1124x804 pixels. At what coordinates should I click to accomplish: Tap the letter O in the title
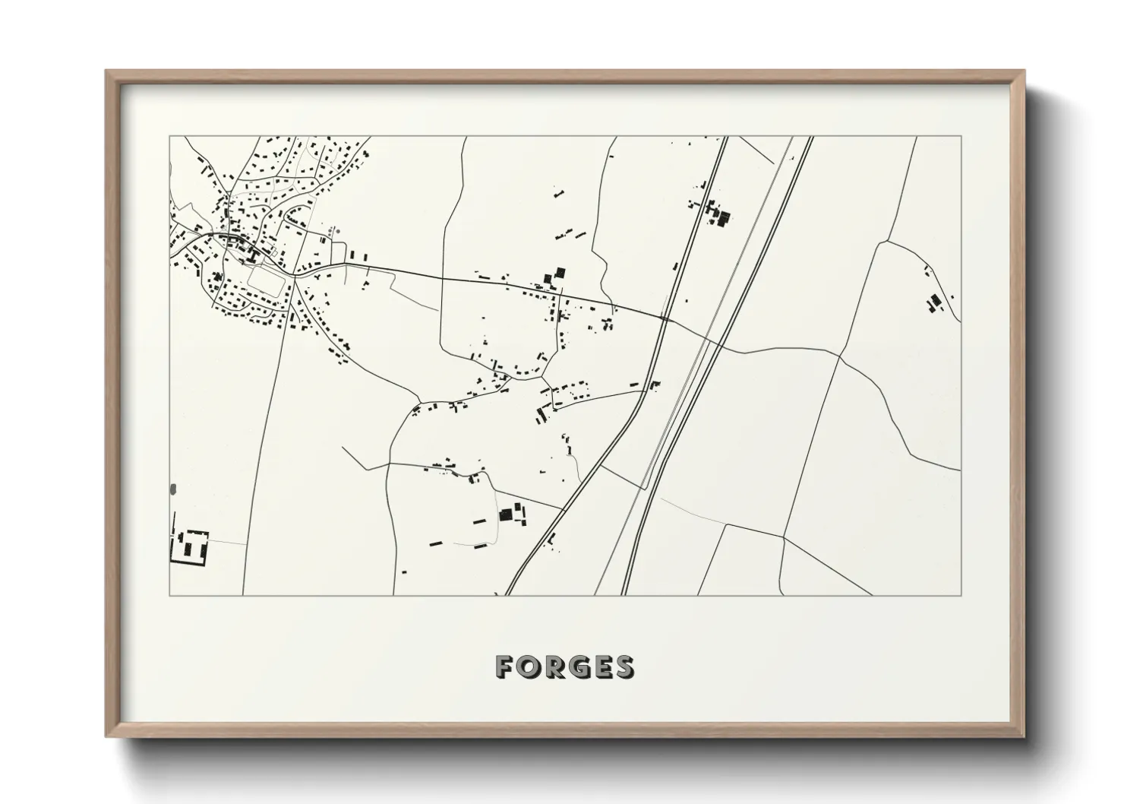tap(529, 666)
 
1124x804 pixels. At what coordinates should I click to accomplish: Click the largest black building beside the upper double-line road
tap(723, 219)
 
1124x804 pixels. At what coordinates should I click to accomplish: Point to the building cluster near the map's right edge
tap(933, 302)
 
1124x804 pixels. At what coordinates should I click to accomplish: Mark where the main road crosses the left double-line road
tap(665, 319)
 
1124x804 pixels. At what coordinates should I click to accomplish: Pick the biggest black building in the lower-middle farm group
tap(505, 515)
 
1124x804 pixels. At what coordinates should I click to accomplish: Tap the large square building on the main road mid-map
tap(560, 272)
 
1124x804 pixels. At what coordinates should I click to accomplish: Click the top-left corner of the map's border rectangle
tap(170, 137)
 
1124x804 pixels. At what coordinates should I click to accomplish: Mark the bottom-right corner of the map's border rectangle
tap(961, 595)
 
